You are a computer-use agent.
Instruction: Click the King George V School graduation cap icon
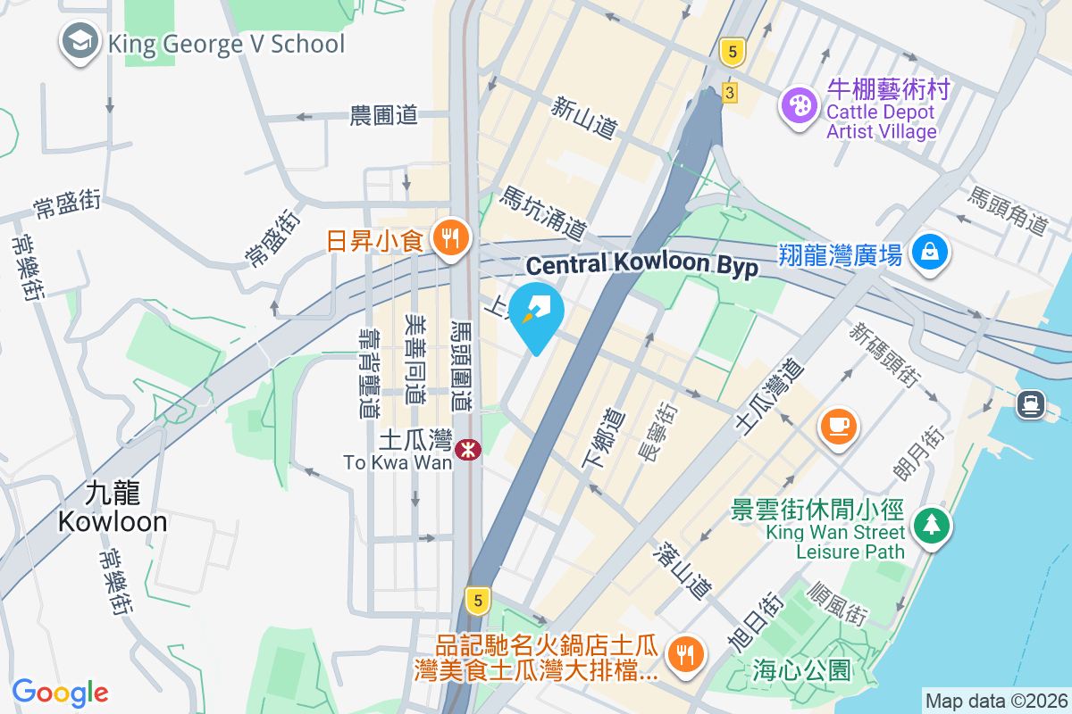coord(80,42)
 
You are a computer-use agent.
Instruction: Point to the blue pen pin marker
coord(538,312)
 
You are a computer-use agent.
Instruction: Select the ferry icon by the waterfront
coord(1031,405)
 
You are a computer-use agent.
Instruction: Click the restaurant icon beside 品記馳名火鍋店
coord(686,656)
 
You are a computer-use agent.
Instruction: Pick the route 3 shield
coord(731,93)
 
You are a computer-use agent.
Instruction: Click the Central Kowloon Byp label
coord(641,265)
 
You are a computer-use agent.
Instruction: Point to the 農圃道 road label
coord(384,115)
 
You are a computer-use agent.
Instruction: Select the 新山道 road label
coord(584,118)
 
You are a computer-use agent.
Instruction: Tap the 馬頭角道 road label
coord(1008,212)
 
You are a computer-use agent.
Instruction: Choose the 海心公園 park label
coord(801,670)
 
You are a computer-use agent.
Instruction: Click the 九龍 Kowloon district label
coord(113,507)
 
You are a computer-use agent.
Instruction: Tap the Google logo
coord(60,693)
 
